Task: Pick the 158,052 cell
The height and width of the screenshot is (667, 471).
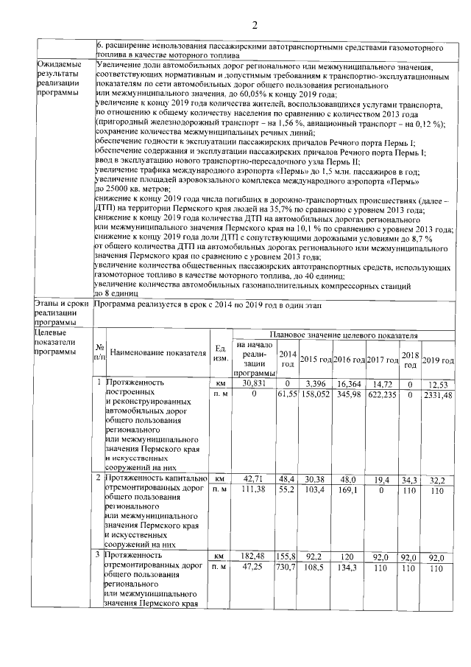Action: [x=315, y=396]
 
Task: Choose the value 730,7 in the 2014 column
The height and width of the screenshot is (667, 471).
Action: [x=288, y=569]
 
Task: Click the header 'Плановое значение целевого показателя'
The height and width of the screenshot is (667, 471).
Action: [x=344, y=335]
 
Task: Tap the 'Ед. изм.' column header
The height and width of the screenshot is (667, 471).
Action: [x=219, y=353]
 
